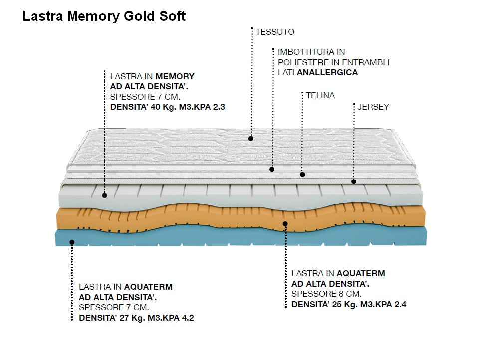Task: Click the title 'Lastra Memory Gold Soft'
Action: tap(104, 16)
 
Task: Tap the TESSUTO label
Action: tap(275, 32)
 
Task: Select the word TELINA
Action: tap(320, 95)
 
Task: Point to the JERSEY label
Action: tap(373, 107)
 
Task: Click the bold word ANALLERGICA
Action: tap(328, 72)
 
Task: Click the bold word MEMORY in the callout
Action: tap(175, 77)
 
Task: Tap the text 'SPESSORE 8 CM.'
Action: tap(326, 294)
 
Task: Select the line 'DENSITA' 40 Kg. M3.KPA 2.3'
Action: tap(164, 107)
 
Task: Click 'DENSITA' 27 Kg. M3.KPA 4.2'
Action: tap(136, 318)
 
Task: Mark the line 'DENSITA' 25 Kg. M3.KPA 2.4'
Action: tap(349, 304)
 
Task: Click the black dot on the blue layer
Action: tap(72, 242)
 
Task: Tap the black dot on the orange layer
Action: tap(285, 224)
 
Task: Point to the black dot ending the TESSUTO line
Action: tap(251, 138)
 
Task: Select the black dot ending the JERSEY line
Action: tap(353, 181)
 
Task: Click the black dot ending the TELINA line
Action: tap(302, 175)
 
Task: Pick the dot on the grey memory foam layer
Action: tap(105, 195)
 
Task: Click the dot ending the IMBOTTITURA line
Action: tap(272, 169)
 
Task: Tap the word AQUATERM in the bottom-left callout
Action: tap(148, 287)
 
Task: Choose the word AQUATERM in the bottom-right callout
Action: tap(361, 273)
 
